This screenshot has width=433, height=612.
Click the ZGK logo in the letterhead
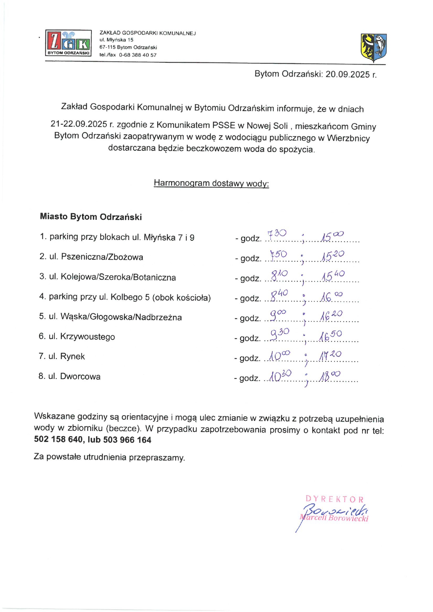(68, 43)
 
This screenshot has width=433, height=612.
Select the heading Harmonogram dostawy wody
(211, 183)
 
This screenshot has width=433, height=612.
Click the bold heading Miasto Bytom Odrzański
(91, 217)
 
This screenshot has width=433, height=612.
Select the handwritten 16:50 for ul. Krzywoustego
(330, 336)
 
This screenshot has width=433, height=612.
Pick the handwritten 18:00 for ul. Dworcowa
(330, 376)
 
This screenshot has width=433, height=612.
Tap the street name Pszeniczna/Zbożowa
(102, 257)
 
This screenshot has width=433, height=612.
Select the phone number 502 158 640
(58, 439)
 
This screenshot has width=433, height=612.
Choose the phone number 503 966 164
(127, 440)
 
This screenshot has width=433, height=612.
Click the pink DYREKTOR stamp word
(335, 499)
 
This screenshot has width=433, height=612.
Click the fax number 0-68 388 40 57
(138, 55)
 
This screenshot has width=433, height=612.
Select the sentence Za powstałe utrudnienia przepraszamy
(109, 457)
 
